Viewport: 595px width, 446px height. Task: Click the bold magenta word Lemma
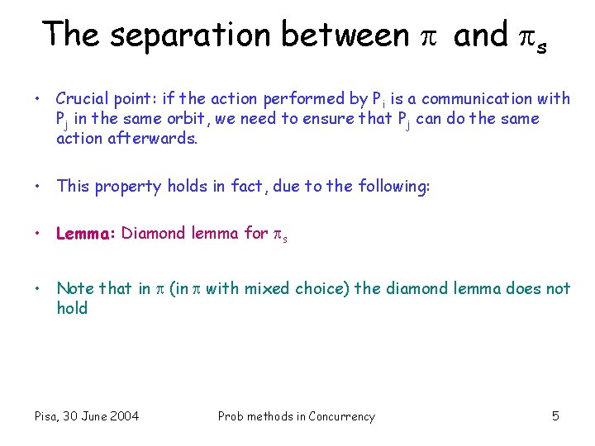click(x=85, y=234)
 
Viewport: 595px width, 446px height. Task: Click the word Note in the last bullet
click(x=74, y=288)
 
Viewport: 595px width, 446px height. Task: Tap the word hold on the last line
click(x=72, y=308)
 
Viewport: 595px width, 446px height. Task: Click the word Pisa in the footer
click(x=49, y=416)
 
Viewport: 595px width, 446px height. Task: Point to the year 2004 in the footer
click(x=123, y=416)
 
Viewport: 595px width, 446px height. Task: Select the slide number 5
click(x=555, y=416)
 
